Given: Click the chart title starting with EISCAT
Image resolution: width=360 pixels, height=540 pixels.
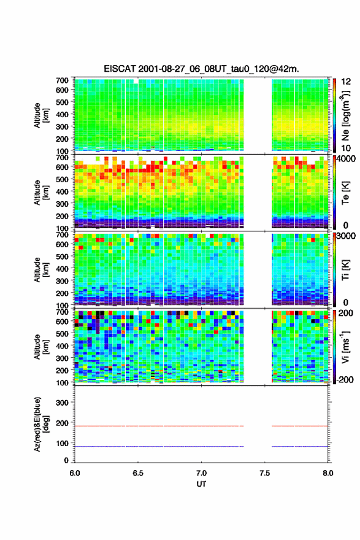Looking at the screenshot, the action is [201, 69].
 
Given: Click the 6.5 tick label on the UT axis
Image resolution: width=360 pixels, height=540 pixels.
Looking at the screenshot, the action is [138, 473].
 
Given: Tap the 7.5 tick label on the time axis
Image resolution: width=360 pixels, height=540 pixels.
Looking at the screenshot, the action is [265, 473].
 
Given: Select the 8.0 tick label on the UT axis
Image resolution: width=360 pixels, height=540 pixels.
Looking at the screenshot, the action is [328, 473].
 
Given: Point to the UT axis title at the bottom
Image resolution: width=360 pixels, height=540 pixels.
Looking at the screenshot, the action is [201, 484].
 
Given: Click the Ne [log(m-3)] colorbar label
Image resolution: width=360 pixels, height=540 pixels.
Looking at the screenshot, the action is [345, 115].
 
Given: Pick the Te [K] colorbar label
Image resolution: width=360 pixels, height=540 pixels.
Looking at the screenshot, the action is [345, 193].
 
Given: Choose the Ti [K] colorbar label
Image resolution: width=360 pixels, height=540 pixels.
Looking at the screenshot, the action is [345, 269].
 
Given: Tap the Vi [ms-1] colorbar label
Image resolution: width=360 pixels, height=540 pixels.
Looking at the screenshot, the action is [345, 347].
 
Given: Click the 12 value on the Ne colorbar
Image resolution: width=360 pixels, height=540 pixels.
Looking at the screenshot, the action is [347, 82].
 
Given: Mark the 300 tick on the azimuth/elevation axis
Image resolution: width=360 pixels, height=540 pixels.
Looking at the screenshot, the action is [62, 403].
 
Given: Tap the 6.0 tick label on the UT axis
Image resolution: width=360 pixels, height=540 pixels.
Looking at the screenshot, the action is [75, 473].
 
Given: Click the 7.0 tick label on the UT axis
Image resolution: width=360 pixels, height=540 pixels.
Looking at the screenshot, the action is [201, 473].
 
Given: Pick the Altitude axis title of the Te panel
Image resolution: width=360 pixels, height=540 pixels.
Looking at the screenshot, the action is [41, 193].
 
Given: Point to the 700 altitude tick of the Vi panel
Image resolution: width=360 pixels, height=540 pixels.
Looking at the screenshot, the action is [62, 312].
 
